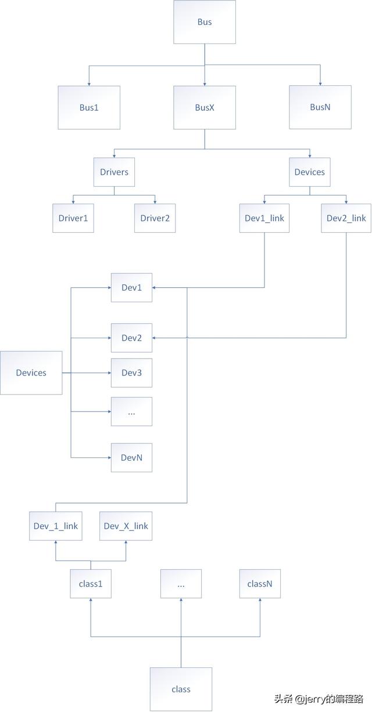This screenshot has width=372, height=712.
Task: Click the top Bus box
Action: (x=205, y=22)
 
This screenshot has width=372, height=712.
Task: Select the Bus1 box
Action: (x=89, y=107)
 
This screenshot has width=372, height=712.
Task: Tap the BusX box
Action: (x=205, y=107)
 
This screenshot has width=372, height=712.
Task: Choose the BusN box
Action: (x=320, y=107)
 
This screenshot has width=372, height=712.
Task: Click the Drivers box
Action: (x=114, y=172)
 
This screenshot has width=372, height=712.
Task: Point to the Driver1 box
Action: (x=73, y=218)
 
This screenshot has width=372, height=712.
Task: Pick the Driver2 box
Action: (x=155, y=218)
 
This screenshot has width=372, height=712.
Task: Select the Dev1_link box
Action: (x=264, y=218)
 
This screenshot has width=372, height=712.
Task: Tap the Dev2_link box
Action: (x=346, y=218)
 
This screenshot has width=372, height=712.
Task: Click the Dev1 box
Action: (x=131, y=287)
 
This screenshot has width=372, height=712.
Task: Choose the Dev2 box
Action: (x=131, y=338)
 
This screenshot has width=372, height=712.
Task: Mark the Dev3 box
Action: (x=131, y=373)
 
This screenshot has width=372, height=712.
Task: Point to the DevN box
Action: (x=131, y=457)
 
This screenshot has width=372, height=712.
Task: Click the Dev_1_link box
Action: (x=56, y=526)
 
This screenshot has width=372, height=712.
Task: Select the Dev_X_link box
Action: (x=126, y=526)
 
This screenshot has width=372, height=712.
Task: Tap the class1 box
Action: (x=91, y=584)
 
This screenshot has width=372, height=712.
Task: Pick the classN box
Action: (x=260, y=584)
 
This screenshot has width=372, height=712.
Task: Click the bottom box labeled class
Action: (x=181, y=689)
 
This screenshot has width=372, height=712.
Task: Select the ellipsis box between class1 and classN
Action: (x=181, y=584)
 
